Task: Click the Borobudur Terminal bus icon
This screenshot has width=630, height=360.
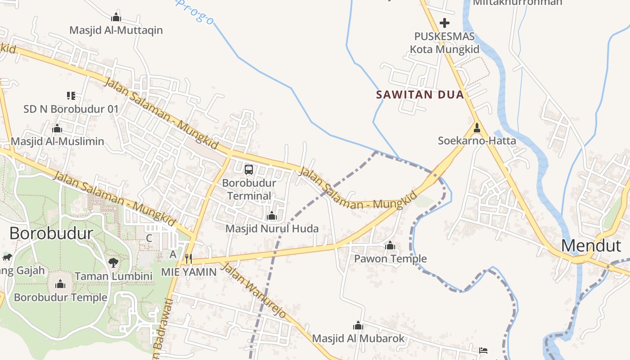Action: pyautogui.click(x=249, y=170)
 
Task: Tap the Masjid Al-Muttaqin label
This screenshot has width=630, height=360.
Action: pyautogui.click(x=116, y=31)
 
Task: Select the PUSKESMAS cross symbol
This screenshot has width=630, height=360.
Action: pyautogui.click(x=445, y=22)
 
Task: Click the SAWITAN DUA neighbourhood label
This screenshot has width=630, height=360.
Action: pyautogui.click(x=420, y=95)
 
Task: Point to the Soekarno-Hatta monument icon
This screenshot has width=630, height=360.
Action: pyautogui.click(x=477, y=128)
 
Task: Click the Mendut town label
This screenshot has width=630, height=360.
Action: pyautogui.click(x=591, y=246)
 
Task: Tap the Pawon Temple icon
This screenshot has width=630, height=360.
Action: pyautogui.click(x=390, y=246)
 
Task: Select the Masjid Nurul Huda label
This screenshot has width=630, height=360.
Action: pyautogui.click(x=272, y=229)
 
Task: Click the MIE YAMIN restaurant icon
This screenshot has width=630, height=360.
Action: pyautogui.click(x=189, y=258)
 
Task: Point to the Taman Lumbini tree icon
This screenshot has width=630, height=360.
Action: pyautogui.click(x=113, y=263)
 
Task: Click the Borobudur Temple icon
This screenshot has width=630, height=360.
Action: pyautogui.click(x=60, y=284)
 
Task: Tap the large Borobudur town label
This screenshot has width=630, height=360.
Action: pyautogui.click(x=51, y=234)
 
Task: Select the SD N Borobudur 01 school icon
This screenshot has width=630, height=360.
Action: pyautogui.click(x=71, y=95)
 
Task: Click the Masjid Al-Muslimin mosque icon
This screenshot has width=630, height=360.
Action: pyautogui.click(x=57, y=129)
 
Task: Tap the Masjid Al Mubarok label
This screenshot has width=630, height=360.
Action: pyautogui.click(x=358, y=338)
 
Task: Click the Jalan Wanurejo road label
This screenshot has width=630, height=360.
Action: pyautogui.click(x=254, y=290)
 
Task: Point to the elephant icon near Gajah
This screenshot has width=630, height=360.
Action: pyautogui.click(x=7, y=257)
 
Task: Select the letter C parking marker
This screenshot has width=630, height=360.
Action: pyautogui.click(x=149, y=238)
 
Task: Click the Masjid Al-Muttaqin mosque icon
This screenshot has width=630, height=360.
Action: pyautogui.click(x=116, y=18)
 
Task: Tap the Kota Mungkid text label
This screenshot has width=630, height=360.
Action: pyautogui.click(x=445, y=49)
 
